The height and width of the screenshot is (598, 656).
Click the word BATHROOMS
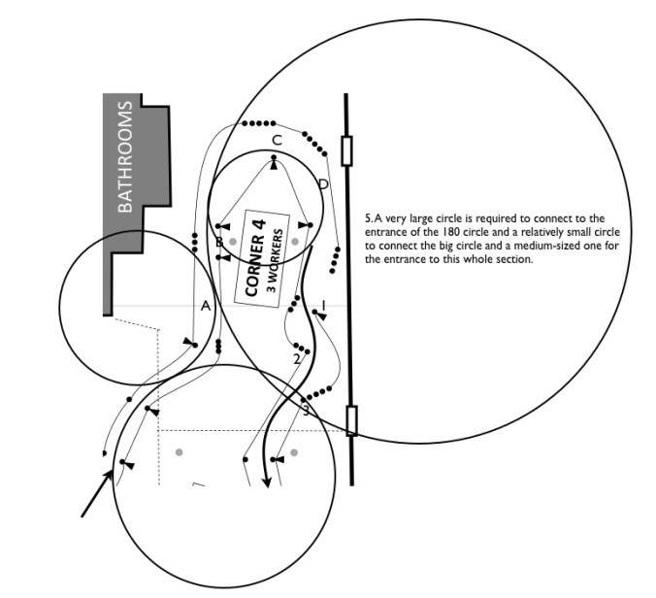(x=125, y=157)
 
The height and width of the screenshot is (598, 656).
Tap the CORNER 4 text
(x=255, y=258)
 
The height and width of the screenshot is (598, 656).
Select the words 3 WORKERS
(x=274, y=260)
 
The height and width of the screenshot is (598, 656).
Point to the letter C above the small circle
(x=277, y=141)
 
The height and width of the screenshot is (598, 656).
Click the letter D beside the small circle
(x=323, y=184)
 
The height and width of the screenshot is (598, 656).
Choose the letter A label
(x=206, y=307)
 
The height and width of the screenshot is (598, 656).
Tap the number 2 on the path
(x=297, y=359)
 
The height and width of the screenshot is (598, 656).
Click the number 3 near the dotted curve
(x=306, y=411)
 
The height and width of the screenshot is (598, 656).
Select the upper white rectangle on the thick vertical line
(x=346, y=150)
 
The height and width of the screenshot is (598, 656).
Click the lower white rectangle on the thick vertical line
(x=352, y=420)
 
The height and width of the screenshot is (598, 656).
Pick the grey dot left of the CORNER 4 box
(x=233, y=242)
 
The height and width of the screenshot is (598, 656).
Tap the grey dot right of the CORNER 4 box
(x=295, y=242)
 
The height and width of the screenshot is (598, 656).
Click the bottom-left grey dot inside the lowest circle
(x=180, y=452)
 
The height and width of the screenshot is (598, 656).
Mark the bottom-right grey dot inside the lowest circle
(x=294, y=452)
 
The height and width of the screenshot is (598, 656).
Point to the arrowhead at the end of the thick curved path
(x=266, y=482)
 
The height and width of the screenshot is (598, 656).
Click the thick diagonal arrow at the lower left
(x=97, y=493)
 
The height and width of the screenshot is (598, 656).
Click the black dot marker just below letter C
(x=274, y=158)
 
